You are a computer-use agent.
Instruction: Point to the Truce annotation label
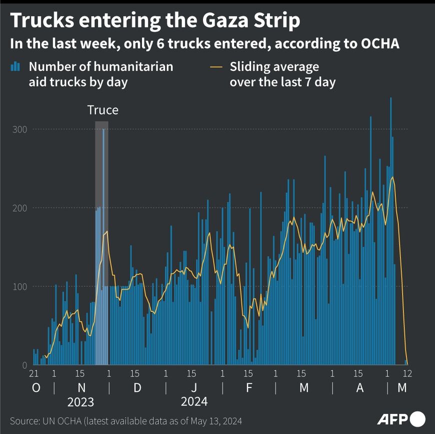click(102, 110)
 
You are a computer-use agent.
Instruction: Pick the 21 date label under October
click(34, 373)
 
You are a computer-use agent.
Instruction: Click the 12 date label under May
click(408, 373)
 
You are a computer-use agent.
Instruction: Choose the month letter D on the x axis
click(137, 388)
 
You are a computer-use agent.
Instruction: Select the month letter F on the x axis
click(248, 388)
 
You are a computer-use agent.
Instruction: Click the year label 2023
click(80, 401)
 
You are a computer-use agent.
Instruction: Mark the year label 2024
click(194, 401)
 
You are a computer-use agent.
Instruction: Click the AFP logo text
click(392, 418)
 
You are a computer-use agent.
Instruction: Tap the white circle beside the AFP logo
click(418, 418)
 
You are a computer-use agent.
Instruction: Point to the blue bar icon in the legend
click(16, 66)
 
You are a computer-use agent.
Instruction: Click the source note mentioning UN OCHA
click(129, 420)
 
